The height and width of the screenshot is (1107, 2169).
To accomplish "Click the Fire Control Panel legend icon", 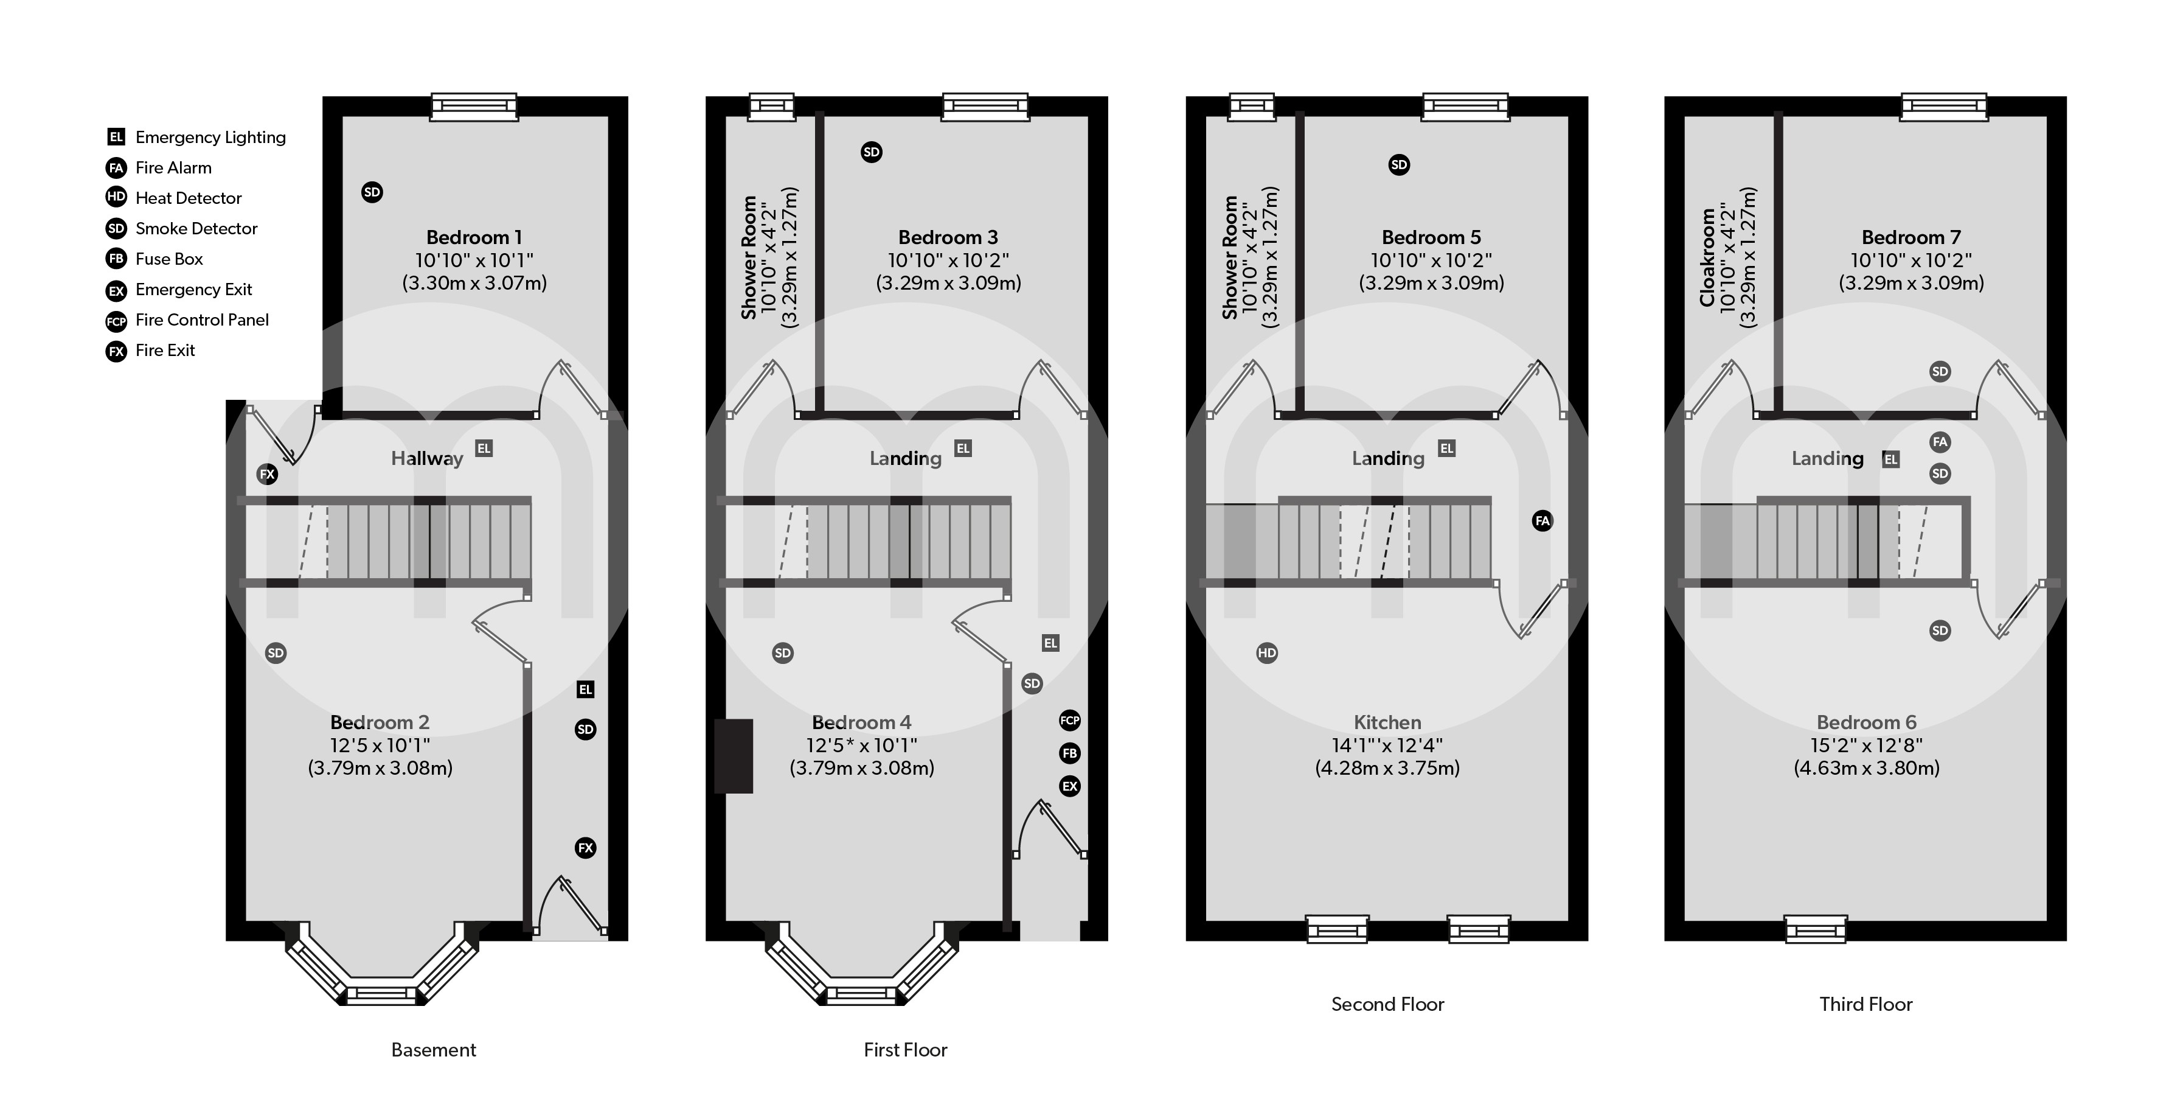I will click(x=116, y=321).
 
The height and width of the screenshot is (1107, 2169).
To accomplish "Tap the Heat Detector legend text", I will click(x=188, y=198).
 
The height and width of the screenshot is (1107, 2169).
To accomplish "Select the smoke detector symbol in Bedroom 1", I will click(x=372, y=192).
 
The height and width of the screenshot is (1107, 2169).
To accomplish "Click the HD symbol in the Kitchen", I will click(x=1266, y=653).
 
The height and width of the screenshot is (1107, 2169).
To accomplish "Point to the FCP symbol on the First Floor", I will click(x=1069, y=721).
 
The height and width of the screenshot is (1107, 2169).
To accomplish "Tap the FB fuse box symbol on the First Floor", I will click(x=1069, y=753).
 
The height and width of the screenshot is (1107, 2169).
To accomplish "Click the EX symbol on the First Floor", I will click(x=1069, y=786).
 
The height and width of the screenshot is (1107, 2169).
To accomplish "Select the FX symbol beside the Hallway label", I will click(x=267, y=474).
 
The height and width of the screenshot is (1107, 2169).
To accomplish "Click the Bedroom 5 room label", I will click(x=1431, y=237).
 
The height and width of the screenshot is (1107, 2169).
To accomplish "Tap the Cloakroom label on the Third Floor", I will click(x=1707, y=257).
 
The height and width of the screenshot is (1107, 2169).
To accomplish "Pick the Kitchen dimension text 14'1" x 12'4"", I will click(x=1387, y=746).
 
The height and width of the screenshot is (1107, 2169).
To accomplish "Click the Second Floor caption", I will click(x=1387, y=1004).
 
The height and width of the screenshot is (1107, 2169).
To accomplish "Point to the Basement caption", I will click(x=434, y=1050).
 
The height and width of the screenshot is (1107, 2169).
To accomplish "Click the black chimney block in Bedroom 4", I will click(x=734, y=756).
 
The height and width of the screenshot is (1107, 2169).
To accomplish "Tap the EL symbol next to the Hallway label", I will click(x=484, y=448).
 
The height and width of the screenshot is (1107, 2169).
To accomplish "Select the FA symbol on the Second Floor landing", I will click(x=1542, y=521).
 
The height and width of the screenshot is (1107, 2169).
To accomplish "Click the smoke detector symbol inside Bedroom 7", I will click(x=1940, y=371).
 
